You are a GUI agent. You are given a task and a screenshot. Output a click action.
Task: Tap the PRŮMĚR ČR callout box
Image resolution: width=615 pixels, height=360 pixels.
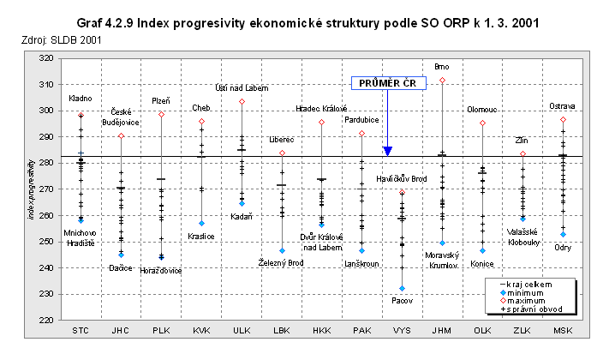coord(387,83)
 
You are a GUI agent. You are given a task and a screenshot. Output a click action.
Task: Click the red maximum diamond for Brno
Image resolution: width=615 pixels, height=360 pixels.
coord(442,80)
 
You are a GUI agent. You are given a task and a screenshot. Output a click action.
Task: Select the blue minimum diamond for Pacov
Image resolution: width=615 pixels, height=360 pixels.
coord(402,288)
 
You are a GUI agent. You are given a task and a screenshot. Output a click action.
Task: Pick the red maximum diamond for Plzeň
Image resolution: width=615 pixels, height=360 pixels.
coord(161,114)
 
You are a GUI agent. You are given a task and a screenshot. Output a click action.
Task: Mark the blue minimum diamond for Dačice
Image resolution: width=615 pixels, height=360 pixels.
coord(121,255)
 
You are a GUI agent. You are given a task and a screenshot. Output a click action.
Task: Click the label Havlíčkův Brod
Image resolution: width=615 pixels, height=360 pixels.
coord(402,178)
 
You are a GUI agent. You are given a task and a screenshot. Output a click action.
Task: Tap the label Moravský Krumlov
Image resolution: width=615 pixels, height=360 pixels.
coord(442,259)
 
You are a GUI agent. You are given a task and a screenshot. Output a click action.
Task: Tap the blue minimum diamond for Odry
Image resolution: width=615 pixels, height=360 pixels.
coord(563,234)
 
